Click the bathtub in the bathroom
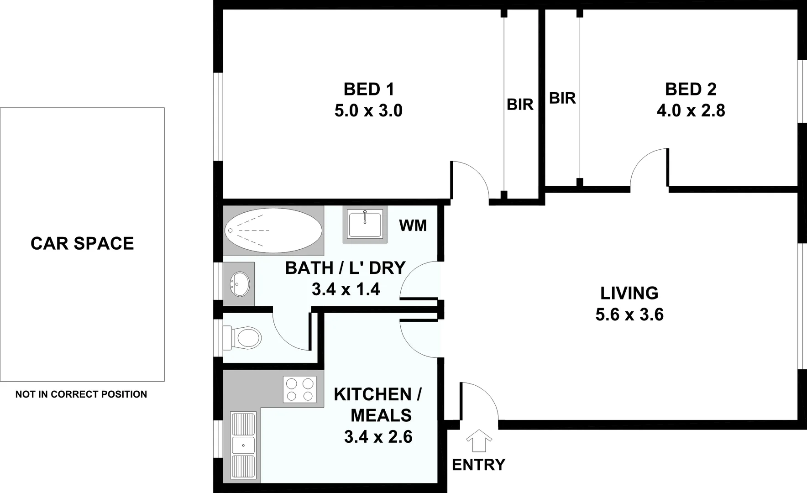click(x=273, y=230)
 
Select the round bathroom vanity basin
click(x=240, y=284)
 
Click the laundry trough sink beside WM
click(x=364, y=224)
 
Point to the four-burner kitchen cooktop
click(x=299, y=389)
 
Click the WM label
click(x=413, y=226)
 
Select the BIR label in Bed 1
click(x=520, y=105)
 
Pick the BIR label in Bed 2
click(x=562, y=98)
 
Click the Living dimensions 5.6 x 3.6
click(x=629, y=315)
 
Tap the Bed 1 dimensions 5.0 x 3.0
click(x=368, y=111)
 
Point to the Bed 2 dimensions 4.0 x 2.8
click(x=691, y=111)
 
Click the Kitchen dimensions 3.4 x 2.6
click(x=378, y=437)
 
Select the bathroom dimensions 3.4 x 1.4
click(x=346, y=289)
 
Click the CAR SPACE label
click(x=82, y=243)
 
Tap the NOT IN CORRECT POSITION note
click(x=81, y=394)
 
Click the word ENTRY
click(x=478, y=465)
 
